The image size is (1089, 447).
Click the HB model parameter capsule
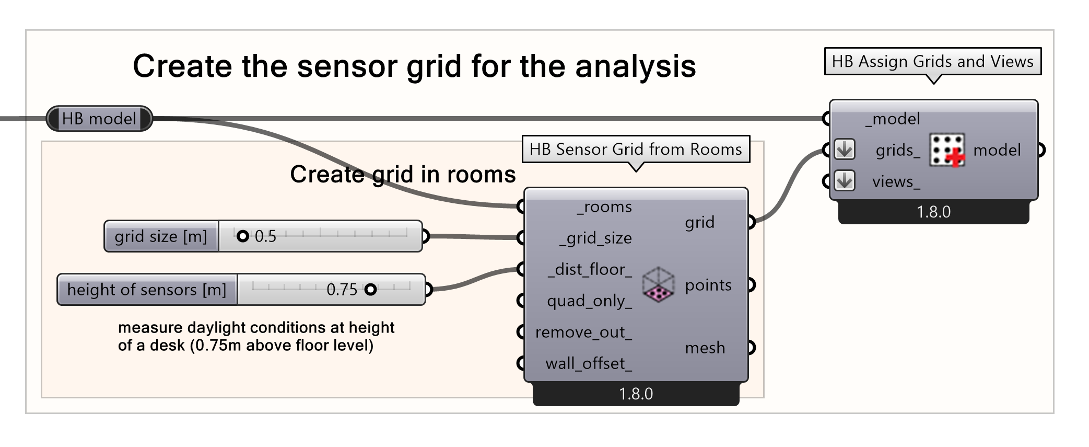tap(99, 119)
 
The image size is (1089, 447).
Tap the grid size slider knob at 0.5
tap(242, 236)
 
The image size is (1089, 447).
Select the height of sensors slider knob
tap(370, 289)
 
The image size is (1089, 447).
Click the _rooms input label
tap(604, 207)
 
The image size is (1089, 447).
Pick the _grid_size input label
tap(595, 238)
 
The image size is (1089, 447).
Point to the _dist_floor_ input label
tap(590, 270)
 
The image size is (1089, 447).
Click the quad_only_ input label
tap(589, 301)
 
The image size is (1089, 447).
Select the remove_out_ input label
tap(583, 333)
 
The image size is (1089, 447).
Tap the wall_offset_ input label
tap(589, 364)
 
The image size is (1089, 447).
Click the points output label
tap(708, 285)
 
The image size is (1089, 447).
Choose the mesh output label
tap(705, 348)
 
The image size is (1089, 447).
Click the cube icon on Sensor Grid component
tap(658, 285)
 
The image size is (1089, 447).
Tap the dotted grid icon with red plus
tap(946, 150)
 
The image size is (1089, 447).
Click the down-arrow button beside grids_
tap(845, 150)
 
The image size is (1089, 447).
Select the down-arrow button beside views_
tap(845, 181)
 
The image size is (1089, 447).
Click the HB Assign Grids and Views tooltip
tap(932, 62)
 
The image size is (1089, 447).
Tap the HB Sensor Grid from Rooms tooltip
tap(636, 150)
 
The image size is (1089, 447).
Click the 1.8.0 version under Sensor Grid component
tap(636, 394)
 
